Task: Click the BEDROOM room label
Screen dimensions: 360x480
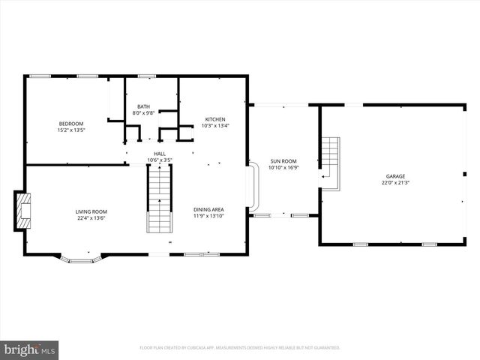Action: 71,123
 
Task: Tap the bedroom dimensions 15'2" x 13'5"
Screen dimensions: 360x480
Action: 71,130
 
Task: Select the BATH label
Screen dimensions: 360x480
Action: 142,106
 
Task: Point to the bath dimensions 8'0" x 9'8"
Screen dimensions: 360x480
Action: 142,113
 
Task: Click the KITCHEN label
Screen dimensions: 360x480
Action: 216,119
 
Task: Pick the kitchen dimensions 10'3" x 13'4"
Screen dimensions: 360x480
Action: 216,126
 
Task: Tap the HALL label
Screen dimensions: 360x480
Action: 159,153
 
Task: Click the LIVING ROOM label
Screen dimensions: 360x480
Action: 91,211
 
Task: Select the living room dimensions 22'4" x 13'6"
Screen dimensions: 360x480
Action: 91,218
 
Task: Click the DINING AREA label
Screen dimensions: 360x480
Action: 208,209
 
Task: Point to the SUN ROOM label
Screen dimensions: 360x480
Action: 283,161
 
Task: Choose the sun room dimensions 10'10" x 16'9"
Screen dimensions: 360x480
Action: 283,168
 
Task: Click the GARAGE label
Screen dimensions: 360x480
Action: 395,175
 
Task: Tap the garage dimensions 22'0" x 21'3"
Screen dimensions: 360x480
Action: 395,182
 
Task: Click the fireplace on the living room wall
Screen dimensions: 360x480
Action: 24,211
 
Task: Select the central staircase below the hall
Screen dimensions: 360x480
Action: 158,199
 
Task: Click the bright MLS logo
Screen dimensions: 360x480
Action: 30,349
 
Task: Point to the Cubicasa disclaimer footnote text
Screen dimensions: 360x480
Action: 240,348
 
